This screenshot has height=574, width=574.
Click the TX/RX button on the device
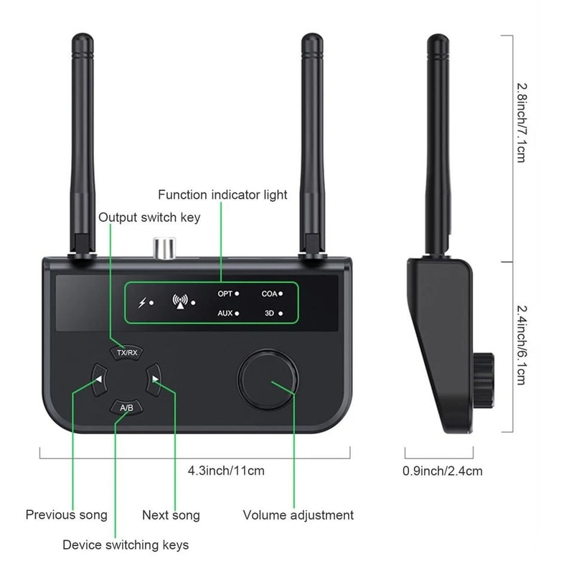point(126,353)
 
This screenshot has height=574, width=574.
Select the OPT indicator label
point(225,293)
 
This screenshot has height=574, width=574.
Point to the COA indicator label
point(269,293)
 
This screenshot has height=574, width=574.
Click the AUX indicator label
point(225,314)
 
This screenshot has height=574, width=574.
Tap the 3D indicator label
point(270,314)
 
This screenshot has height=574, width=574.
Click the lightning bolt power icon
point(142,303)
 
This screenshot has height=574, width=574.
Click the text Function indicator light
point(222,194)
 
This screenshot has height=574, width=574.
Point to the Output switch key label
point(149,217)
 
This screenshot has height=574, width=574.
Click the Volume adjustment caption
point(298,514)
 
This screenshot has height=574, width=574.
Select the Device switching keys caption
point(126,545)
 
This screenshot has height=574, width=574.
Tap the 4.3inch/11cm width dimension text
point(226,471)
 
